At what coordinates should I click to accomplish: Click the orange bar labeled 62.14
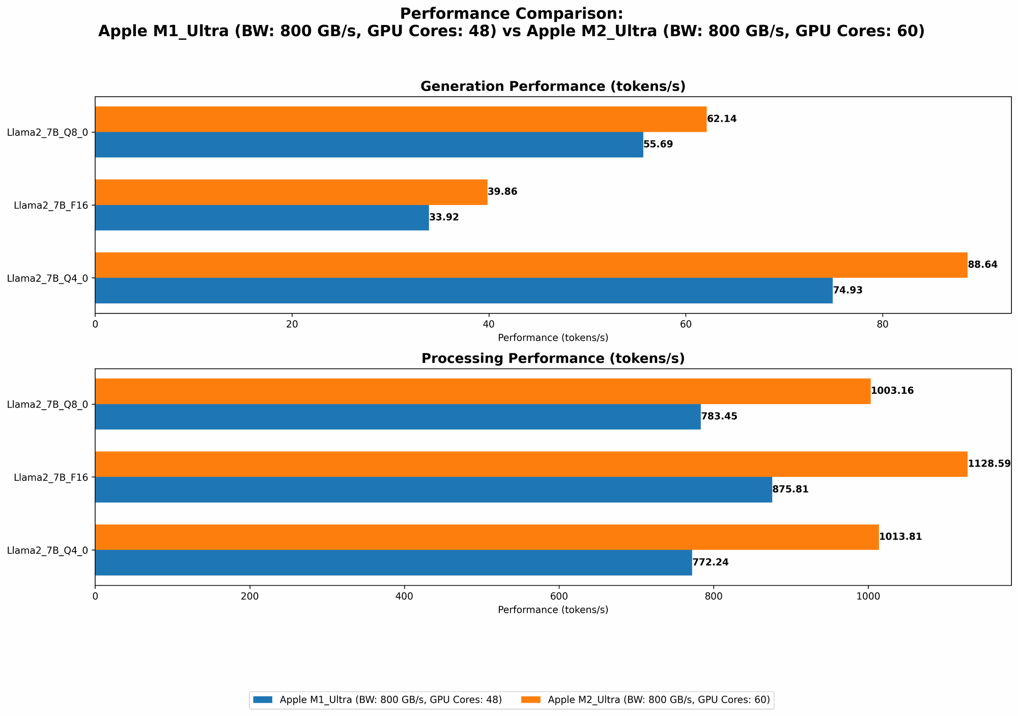(x=401, y=119)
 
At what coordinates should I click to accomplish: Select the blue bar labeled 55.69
(x=369, y=145)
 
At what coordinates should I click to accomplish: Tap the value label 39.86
(x=502, y=192)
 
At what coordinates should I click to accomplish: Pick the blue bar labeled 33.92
(x=262, y=218)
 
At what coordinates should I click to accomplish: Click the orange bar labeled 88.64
(x=531, y=265)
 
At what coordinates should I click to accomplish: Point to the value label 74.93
(x=847, y=291)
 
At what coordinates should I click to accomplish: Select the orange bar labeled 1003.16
(x=483, y=391)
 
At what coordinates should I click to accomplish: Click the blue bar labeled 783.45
(x=398, y=417)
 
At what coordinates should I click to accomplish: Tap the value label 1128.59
(x=989, y=464)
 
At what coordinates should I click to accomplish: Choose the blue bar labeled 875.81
(x=433, y=490)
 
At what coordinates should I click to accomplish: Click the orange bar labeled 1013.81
(x=487, y=537)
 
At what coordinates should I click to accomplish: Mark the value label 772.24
(x=711, y=563)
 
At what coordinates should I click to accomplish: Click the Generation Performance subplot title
(x=553, y=87)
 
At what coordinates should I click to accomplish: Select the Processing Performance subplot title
(x=553, y=359)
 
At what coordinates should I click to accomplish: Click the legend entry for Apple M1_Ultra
(x=377, y=700)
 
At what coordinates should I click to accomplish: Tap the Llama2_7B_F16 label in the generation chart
(x=51, y=206)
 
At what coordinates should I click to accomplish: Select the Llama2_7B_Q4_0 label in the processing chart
(x=47, y=550)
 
